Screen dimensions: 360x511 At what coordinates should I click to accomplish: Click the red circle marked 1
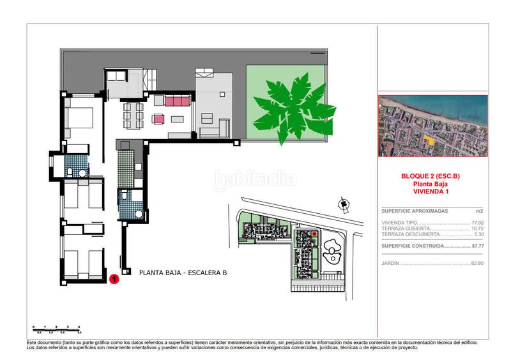pos(113,278)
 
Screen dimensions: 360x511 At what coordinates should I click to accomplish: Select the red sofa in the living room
pos(177,101)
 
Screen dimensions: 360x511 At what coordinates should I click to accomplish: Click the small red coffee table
pos(158,118)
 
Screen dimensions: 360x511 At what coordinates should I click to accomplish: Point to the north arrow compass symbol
pos(344,206)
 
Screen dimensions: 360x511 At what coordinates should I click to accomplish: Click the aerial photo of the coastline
pos(432,126)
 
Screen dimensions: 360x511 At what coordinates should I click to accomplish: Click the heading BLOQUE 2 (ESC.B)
pos(432,177)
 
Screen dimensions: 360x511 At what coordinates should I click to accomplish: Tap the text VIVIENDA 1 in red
pos(432,191)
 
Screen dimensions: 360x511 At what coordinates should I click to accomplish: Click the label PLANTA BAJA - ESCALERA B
pos(183,273)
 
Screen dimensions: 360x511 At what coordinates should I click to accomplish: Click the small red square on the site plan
pos(314,234)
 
